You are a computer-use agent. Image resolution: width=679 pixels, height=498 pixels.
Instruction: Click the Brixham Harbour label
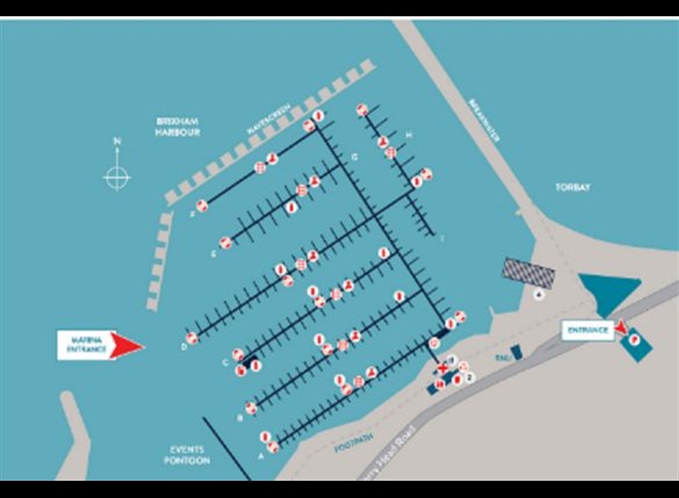pyautogui.click(x=177, y=125)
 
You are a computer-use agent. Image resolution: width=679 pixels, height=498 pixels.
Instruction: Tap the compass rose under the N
pyautogui.click(x=117, y=177)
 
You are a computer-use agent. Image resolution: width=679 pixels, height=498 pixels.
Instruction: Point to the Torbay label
pyautogui.click(x=572, y=187)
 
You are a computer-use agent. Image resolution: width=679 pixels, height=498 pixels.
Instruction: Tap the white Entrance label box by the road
pyautogui.click(x=587, y=330)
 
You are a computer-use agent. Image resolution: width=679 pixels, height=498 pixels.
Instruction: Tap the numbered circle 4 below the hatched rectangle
pyautogui.click(x=540, y=294)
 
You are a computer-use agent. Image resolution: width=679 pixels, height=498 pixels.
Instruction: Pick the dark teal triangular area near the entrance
pyautogui.click(x=608, y=294)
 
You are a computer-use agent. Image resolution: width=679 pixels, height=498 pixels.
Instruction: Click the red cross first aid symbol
pyautogui.click(x=442, y=369)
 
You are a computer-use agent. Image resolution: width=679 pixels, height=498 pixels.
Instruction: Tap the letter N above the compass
pyautogui.click(x=117, y=141)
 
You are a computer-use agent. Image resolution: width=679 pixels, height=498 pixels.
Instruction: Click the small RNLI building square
pyautogui.click(x=515, y=351)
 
